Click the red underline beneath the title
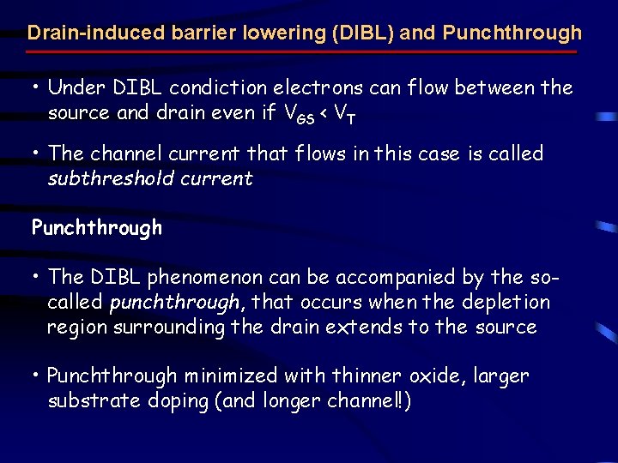click(301, 51)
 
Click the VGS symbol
click(297, 114)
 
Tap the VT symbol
click(342, 114)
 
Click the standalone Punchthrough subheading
click(96, 228)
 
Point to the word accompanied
click(379, 277)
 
